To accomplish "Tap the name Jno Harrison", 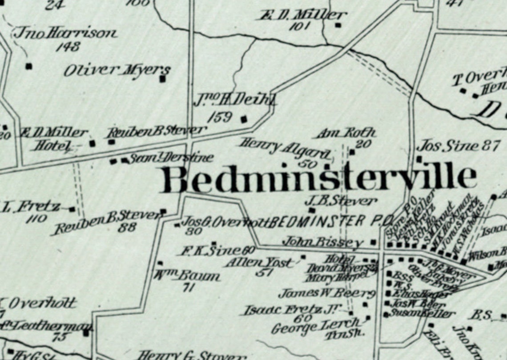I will click(66, 33).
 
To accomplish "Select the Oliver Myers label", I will click(117, 70).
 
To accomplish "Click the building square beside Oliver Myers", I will click(163, 79).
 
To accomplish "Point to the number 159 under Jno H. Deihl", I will click(220, 117).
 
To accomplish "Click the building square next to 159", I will click(244, 119).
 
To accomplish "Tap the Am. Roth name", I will click(346, 133).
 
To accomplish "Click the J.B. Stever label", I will click(341, 201).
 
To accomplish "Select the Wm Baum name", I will click(187, 277).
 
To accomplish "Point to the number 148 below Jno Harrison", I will click(68, 46).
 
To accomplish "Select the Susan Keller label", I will click(422, 314).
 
